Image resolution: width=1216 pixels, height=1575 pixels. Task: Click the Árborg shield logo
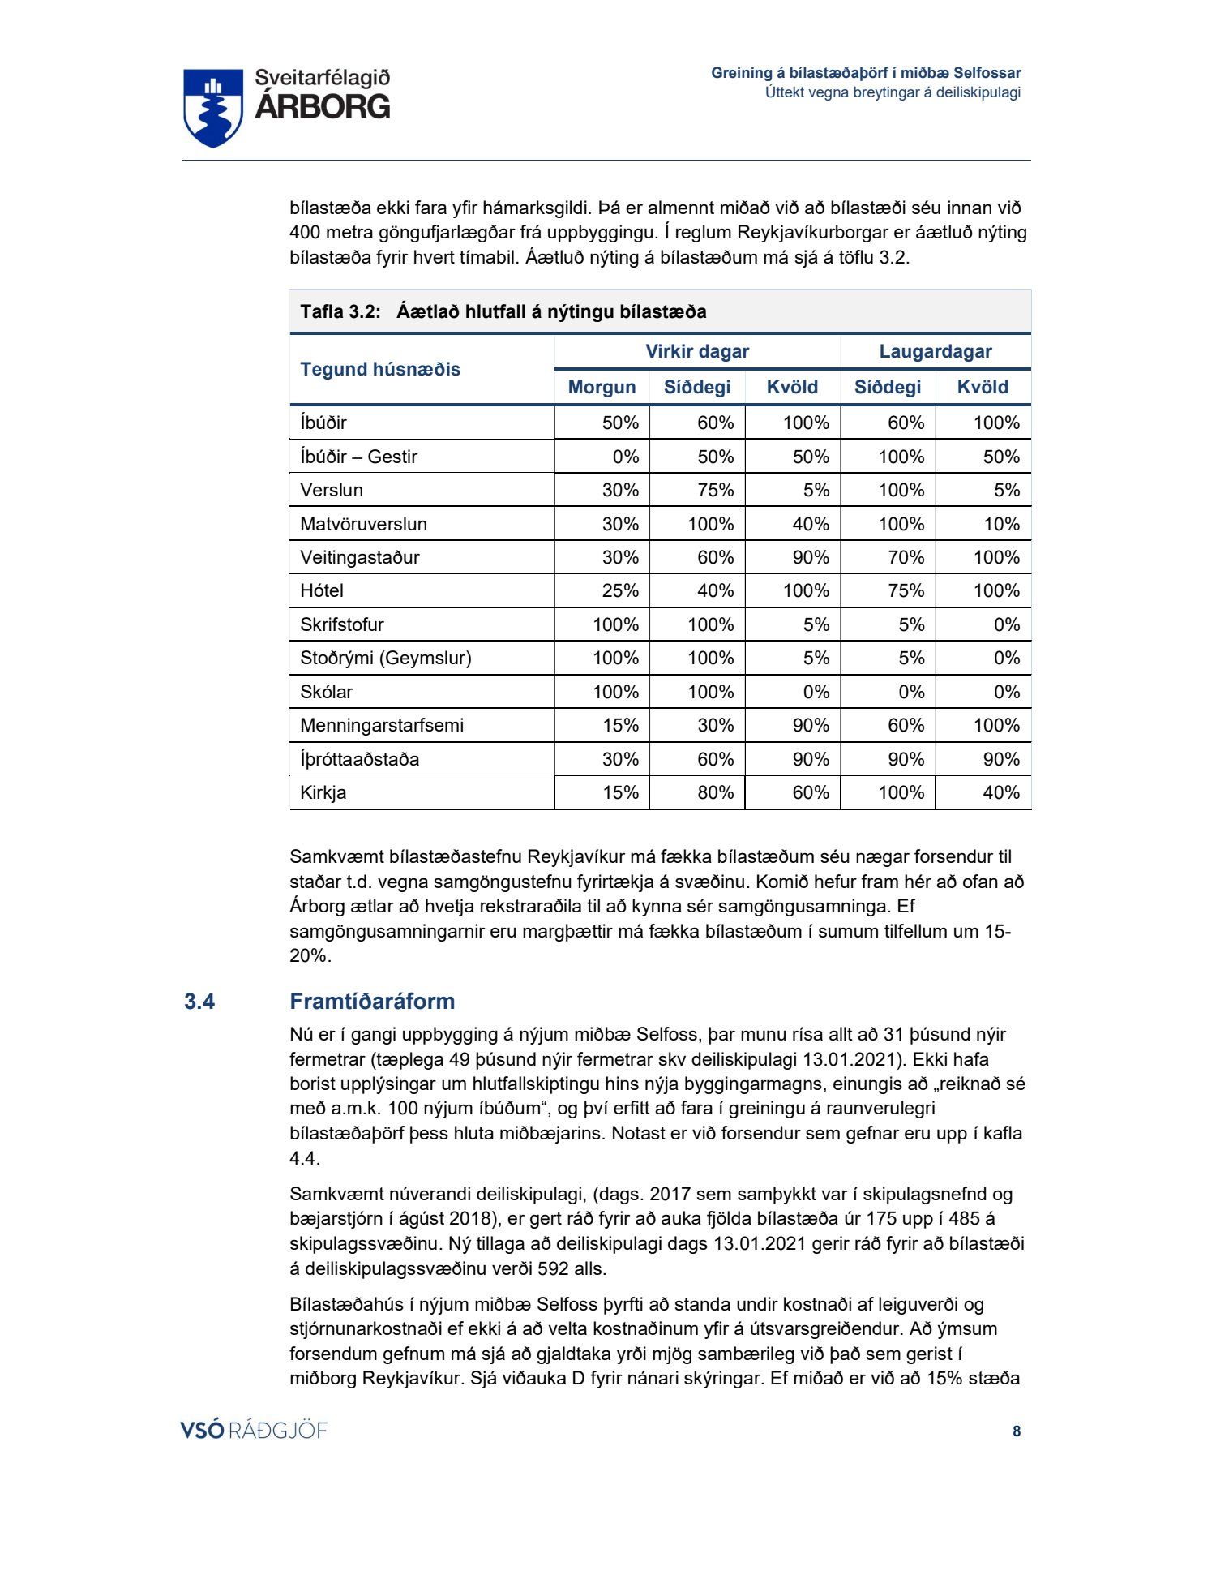pos(213,107)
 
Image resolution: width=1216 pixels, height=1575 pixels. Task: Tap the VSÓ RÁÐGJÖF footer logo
pos(254,1430)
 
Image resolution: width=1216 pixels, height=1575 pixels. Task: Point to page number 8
pos(1017,1431)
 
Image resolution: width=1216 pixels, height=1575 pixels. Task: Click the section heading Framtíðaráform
pos(372,1001)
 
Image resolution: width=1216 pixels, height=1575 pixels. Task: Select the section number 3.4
pos(199,1002)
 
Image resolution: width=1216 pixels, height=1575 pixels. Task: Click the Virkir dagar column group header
pos(696,351)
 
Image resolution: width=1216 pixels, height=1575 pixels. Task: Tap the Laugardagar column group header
pos(935,351)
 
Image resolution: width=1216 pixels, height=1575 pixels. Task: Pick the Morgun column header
pos(602,387)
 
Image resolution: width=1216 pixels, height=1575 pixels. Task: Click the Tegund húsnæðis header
pos(379,369)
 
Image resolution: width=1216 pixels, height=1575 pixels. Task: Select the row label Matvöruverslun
pos(363,524)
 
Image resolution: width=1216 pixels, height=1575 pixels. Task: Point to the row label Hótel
pos(322,590)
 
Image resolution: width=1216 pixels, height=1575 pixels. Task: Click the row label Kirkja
pos(323,792)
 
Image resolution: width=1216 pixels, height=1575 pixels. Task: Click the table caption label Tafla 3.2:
pos(340,311)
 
